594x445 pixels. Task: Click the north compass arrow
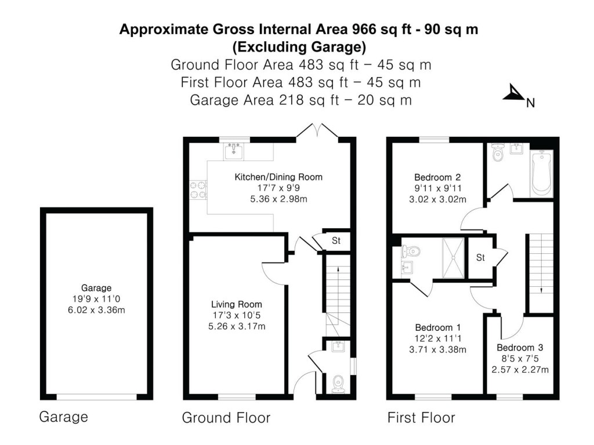[513, 93]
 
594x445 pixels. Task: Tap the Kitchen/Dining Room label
[278, 177]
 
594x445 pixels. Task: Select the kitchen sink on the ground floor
[234, 151]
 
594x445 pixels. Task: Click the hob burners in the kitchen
[198, 190]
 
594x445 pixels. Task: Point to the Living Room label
[236, 304]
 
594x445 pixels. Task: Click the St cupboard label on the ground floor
[336, 240]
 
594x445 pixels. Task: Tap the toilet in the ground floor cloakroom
[338, 384]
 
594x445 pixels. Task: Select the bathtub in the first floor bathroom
[541, 173]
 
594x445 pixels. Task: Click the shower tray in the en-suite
[454, 258]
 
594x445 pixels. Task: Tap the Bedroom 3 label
[520, 348]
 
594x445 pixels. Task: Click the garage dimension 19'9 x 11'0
[96, 299]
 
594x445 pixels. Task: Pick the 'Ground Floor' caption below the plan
[226, 417]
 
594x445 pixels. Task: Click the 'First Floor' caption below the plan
[421, 417]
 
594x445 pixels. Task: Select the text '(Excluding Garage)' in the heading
[299, 46]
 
